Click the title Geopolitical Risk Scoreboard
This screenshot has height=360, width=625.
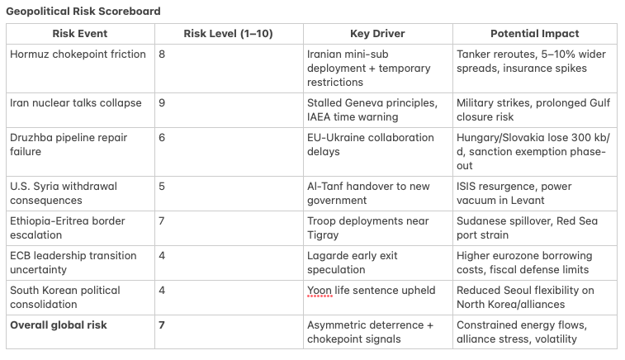point(83,12)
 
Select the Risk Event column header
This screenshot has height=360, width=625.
point(80,34)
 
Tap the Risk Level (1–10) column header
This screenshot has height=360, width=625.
point(228,34)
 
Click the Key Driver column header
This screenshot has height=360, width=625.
point(377,34)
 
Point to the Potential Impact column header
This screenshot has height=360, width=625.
point(534,34)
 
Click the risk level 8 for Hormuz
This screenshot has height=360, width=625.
point(162,54)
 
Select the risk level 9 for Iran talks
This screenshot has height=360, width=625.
point(162,103)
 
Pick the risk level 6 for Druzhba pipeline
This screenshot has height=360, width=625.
point(162,138)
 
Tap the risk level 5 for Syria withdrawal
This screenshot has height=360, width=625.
point(162,186)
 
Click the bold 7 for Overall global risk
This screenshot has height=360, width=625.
point(162,325)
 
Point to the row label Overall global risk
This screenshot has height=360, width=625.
point(59,325)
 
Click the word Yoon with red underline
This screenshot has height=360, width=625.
point(320,291)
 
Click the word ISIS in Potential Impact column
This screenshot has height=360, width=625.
point(466,186)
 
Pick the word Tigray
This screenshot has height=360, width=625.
point(323,235)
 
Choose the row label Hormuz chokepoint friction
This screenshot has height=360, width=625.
point(78,54)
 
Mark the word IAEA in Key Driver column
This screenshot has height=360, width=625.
point(319,116)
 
